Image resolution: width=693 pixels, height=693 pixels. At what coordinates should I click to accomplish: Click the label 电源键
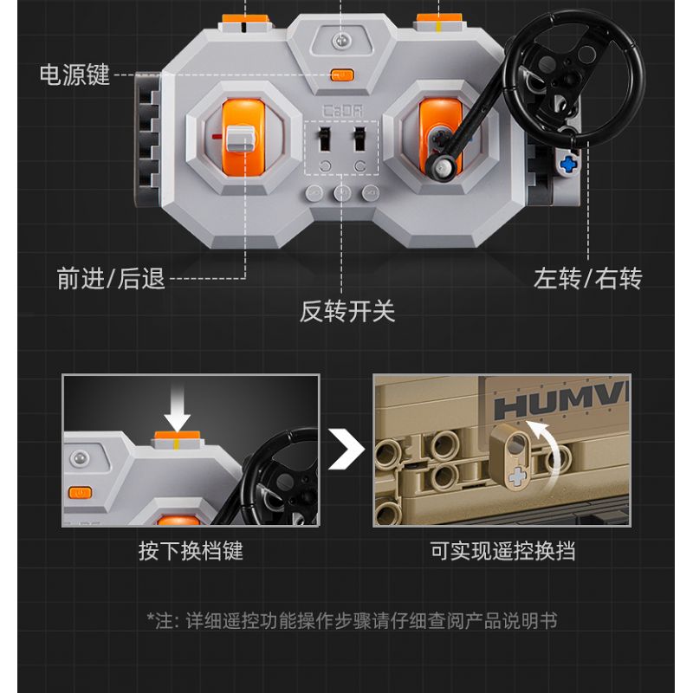click(x=74, y=74)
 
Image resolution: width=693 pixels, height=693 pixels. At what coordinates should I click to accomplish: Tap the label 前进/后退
click(x=111, y=279)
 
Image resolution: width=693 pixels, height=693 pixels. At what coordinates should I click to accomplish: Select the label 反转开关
click(x=347, y=311)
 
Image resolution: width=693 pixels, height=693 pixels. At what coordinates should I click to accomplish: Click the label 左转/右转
click(x=587, y=279)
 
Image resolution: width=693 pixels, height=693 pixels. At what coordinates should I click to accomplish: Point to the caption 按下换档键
click(x=191, y=551)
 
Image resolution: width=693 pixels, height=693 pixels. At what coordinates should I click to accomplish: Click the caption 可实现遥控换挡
click(x=503, y=551)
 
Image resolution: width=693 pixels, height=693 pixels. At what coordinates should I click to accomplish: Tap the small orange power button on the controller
click(x=342, y=75)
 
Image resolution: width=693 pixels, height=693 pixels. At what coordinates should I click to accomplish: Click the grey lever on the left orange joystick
click(x=241, y=139)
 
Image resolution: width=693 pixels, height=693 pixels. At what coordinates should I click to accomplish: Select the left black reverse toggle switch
click(x=325, y=139)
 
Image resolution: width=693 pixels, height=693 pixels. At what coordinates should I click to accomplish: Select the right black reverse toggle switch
click(x=359, y=139)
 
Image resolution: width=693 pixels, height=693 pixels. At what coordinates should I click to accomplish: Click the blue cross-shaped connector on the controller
click(x=568, y=165)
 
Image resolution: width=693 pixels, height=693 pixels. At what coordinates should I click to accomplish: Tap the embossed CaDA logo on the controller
click(x=342, y=111)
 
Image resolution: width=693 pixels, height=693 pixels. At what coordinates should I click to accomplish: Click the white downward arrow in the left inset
click(x=178, y=407)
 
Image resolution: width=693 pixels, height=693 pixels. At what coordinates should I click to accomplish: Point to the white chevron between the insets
click(x=347, y=450)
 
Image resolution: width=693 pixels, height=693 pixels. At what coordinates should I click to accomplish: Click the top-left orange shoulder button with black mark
click(x=245, y=23)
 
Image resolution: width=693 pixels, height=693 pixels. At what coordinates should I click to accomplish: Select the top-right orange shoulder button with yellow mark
click(x=438, y=23)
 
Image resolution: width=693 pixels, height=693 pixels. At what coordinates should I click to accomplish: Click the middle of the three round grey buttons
click(x=342, y=192)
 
